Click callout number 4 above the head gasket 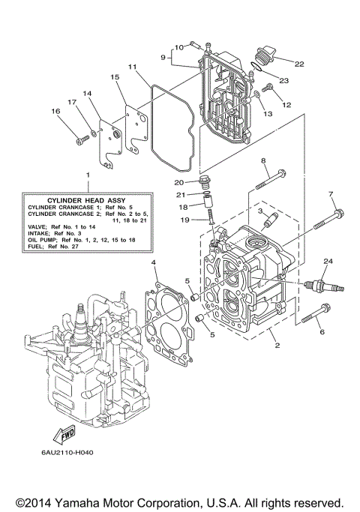(154, 263)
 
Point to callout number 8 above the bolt (263, 161)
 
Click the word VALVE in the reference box (35, 226)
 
